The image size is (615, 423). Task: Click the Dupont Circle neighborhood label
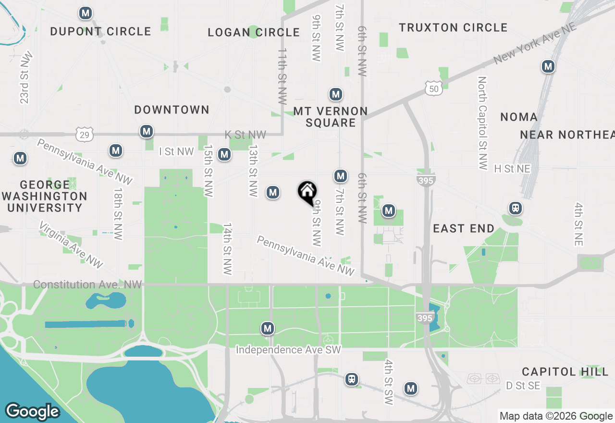[x=101, y=32]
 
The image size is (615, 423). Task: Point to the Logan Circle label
[x=254, y=33]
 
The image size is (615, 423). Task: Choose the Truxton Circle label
[x=453, y=28]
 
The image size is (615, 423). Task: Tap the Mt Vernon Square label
[x=331, y=117]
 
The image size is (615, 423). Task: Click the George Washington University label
[x=45, y=196]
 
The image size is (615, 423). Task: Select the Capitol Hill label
[x=565, y=372]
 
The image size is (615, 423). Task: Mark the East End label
[x=464, y=228]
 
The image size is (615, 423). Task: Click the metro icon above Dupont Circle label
[x=86, y=13]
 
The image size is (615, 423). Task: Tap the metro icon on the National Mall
[x=268, y=329]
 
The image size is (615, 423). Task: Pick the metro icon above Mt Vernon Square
[x=335, y=94]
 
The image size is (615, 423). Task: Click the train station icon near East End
[x=516, y=208]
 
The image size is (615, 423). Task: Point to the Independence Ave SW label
[x=288, y=350]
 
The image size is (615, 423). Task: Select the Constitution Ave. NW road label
[x=87, y=285]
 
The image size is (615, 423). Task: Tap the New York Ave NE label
[x=535, y=43]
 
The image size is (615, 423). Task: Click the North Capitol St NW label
[x=483, y=123]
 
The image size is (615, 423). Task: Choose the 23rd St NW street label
[x=25, y=77]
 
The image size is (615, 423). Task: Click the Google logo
[x=32, y=411]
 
